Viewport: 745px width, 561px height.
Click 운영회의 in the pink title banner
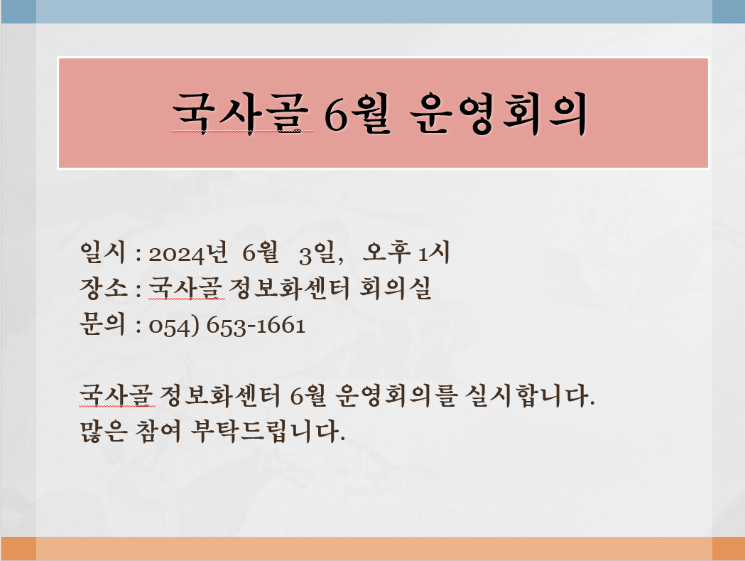click(499, 113)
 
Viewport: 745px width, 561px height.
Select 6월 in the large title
click(357, 113)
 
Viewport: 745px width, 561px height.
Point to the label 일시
click(103, 252)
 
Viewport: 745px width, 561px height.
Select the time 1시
click(434, 252)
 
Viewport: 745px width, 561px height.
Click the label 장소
click(104, 288)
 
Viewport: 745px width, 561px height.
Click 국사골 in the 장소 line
click(186, 288)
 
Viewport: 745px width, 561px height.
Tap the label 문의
click(102, 324)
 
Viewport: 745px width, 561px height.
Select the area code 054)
click(174, 326)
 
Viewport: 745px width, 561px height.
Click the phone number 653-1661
click(256, 326)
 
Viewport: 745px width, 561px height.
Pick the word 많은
click(104, 431)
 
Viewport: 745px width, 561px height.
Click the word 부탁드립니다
click(268, 431)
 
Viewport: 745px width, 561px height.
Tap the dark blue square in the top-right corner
click(729, 11)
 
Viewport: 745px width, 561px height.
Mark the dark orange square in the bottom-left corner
click(18, 549)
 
